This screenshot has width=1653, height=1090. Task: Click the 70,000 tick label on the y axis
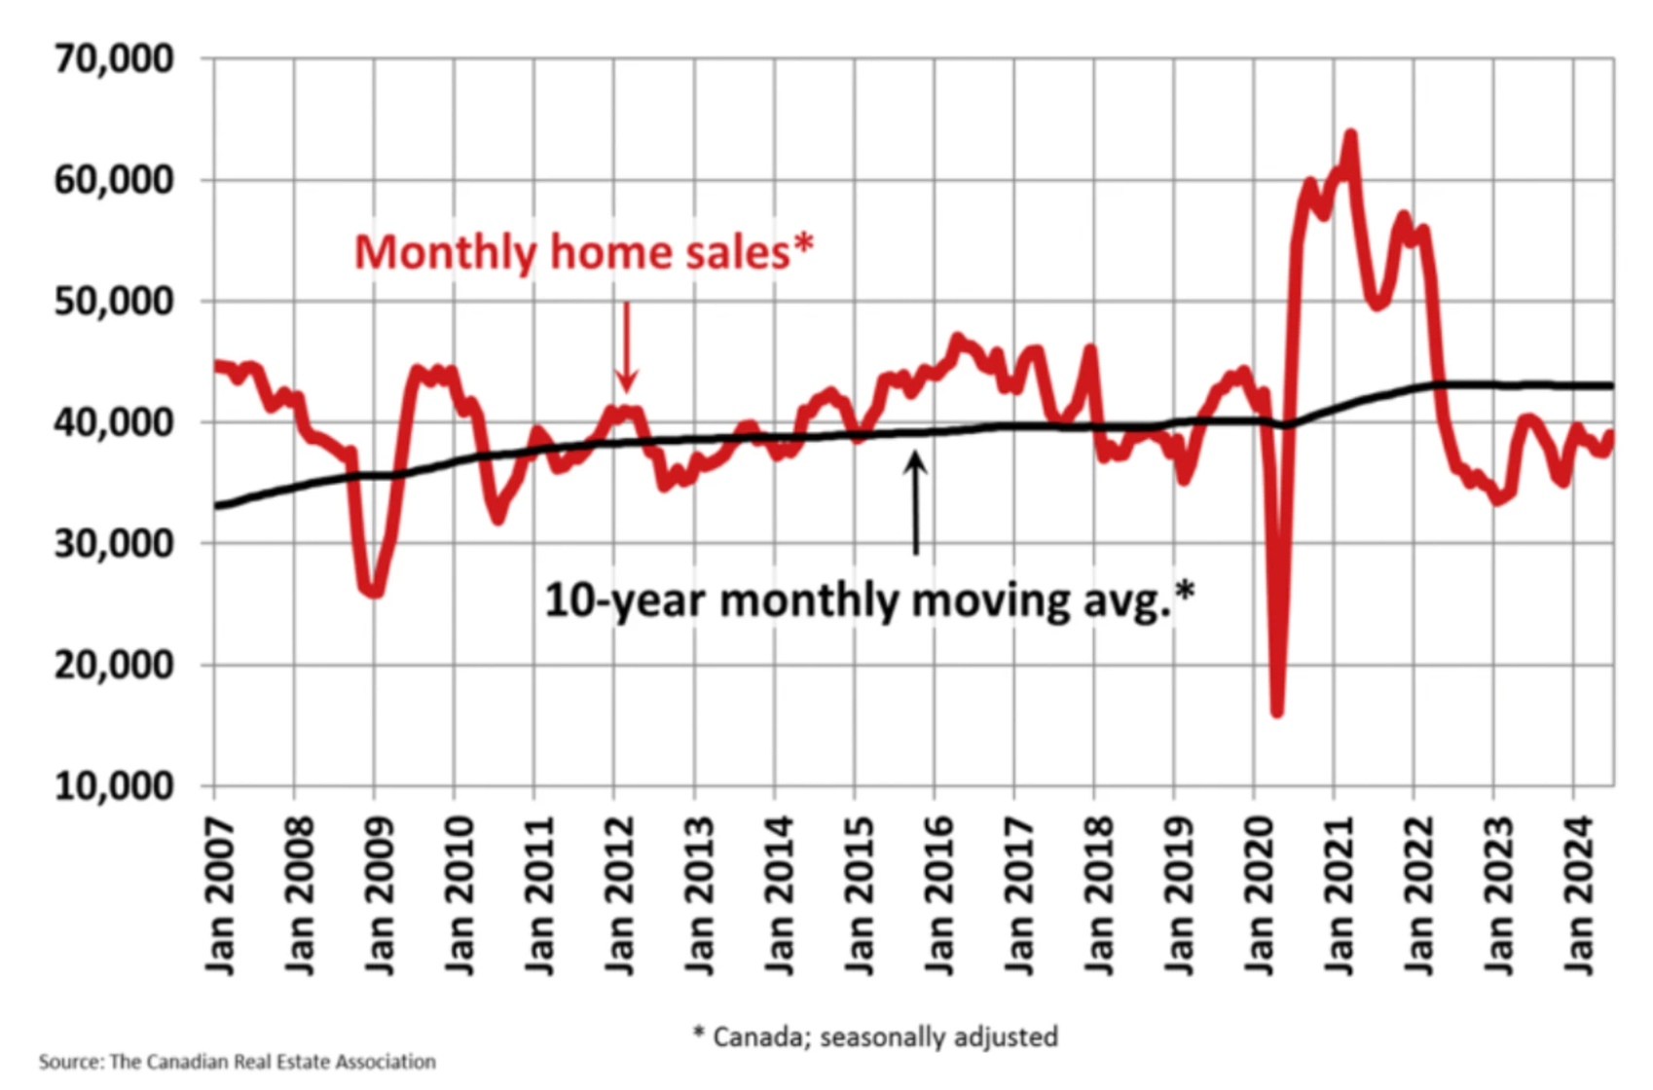tap(114, 58)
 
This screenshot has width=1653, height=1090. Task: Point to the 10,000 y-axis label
tap(114, 785)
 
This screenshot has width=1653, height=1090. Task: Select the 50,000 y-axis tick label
tap(114, 301)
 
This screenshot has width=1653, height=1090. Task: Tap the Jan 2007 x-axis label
tap(221, 895)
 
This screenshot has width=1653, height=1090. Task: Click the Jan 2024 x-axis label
tap(1579, 895)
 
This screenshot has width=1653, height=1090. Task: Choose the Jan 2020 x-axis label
tap(1260, 895)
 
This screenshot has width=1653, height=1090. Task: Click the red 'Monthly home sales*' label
tap(583, 252)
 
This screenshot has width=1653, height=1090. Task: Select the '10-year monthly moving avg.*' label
tap(868, 599)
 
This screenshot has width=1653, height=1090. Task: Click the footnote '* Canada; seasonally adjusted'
tap(875, 1036)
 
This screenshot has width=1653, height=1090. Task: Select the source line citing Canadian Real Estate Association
tap(238, 1062)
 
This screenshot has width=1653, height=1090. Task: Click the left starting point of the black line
tap(217, 506)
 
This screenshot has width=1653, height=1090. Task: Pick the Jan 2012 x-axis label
tap(620, 895)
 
